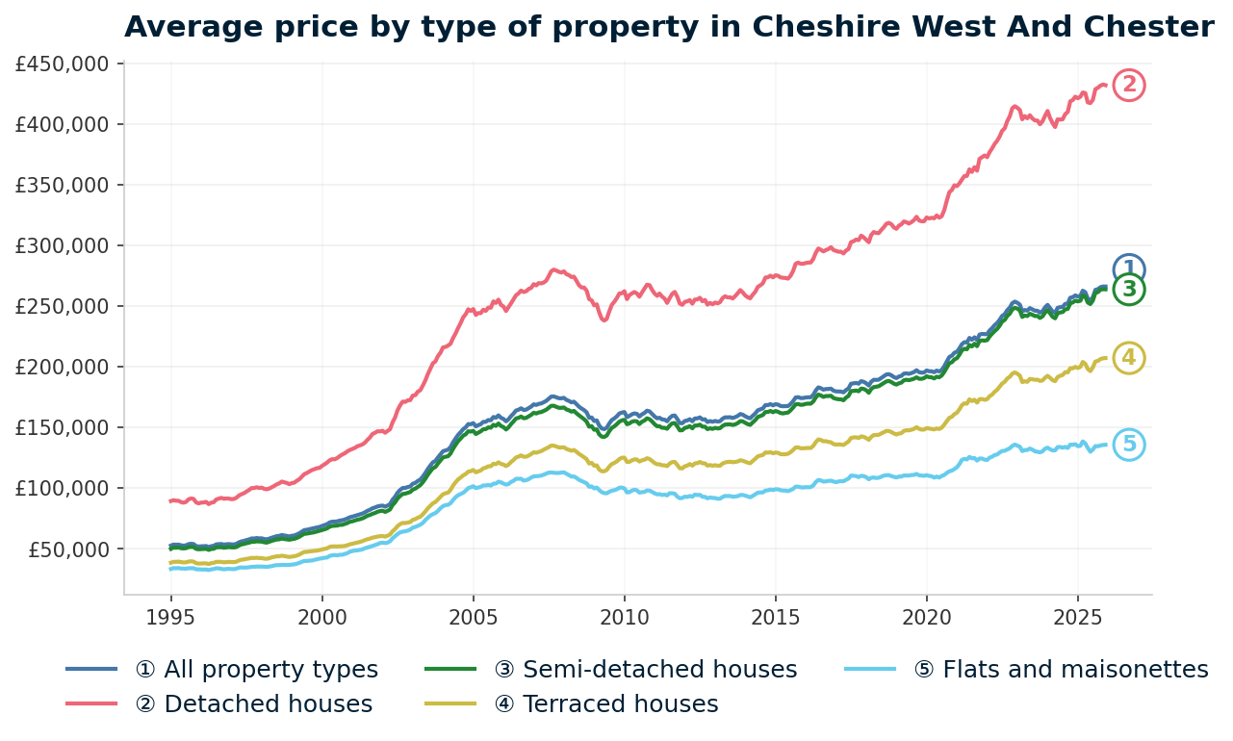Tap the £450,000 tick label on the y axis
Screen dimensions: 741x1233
coord(65,64)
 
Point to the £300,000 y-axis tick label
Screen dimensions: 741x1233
coord(65,246)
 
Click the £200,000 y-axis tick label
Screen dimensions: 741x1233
coord(65,368)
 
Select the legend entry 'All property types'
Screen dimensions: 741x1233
coord(257,670)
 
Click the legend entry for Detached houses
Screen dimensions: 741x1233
coord(254,704)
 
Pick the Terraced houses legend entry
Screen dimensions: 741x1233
coord(606,704)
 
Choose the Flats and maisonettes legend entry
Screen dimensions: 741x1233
coord(1061,670)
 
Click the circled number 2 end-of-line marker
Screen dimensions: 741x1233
coord(1129,86)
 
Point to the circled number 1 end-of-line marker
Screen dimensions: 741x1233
coord(1129,269)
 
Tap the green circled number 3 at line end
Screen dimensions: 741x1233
coord(1129,290)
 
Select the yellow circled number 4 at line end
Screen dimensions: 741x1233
coord(1129,358)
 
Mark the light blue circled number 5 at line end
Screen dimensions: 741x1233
coord(1129,445)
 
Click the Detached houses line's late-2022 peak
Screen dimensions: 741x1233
coord(1015,107)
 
